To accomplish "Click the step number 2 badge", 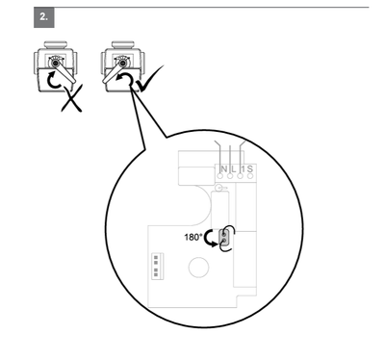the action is click(44, 17).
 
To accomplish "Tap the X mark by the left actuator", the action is click(72, 98).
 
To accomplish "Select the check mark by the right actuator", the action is click(149, 79).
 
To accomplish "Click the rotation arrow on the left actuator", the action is click(54, 81).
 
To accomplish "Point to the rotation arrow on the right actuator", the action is click(124, 79).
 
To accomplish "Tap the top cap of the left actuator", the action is click(56, 44).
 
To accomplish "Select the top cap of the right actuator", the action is click(123, 44).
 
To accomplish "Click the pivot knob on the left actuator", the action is click(57, 64).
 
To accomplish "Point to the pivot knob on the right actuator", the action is click(122, 64).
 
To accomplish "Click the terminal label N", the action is click(224, 168).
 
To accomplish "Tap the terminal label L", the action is click(234, 168).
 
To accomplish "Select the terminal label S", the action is click(250, 168).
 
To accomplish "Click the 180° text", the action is click(193, 237).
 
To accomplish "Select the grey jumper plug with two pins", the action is click(224, 238).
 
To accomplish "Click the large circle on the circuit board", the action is click(198, 268).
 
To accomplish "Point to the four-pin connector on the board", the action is click(157, 267).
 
